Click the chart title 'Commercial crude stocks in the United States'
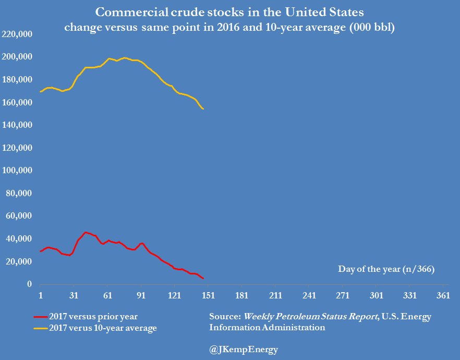pyautogui.click(x=229, y=12)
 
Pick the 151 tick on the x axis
pyautogui.click(x=208, y=295)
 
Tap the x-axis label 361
pyautogui.click(x=443, y=295)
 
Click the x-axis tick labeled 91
pyautogui.click(x=141, y=295)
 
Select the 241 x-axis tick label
pyautogui.click(x=309, y=295)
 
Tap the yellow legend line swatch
pyautogui.click(x=40, y=328)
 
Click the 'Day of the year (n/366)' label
pyautogui.click(x=386, y=269)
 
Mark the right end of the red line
pyautogui.click(x=203, y=278)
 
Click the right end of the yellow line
pyautogui.click(x=203, y=109)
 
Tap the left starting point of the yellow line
pyautogui.click(x=40, y=92)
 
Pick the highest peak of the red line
pyautogui.click(x=85, y=232)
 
